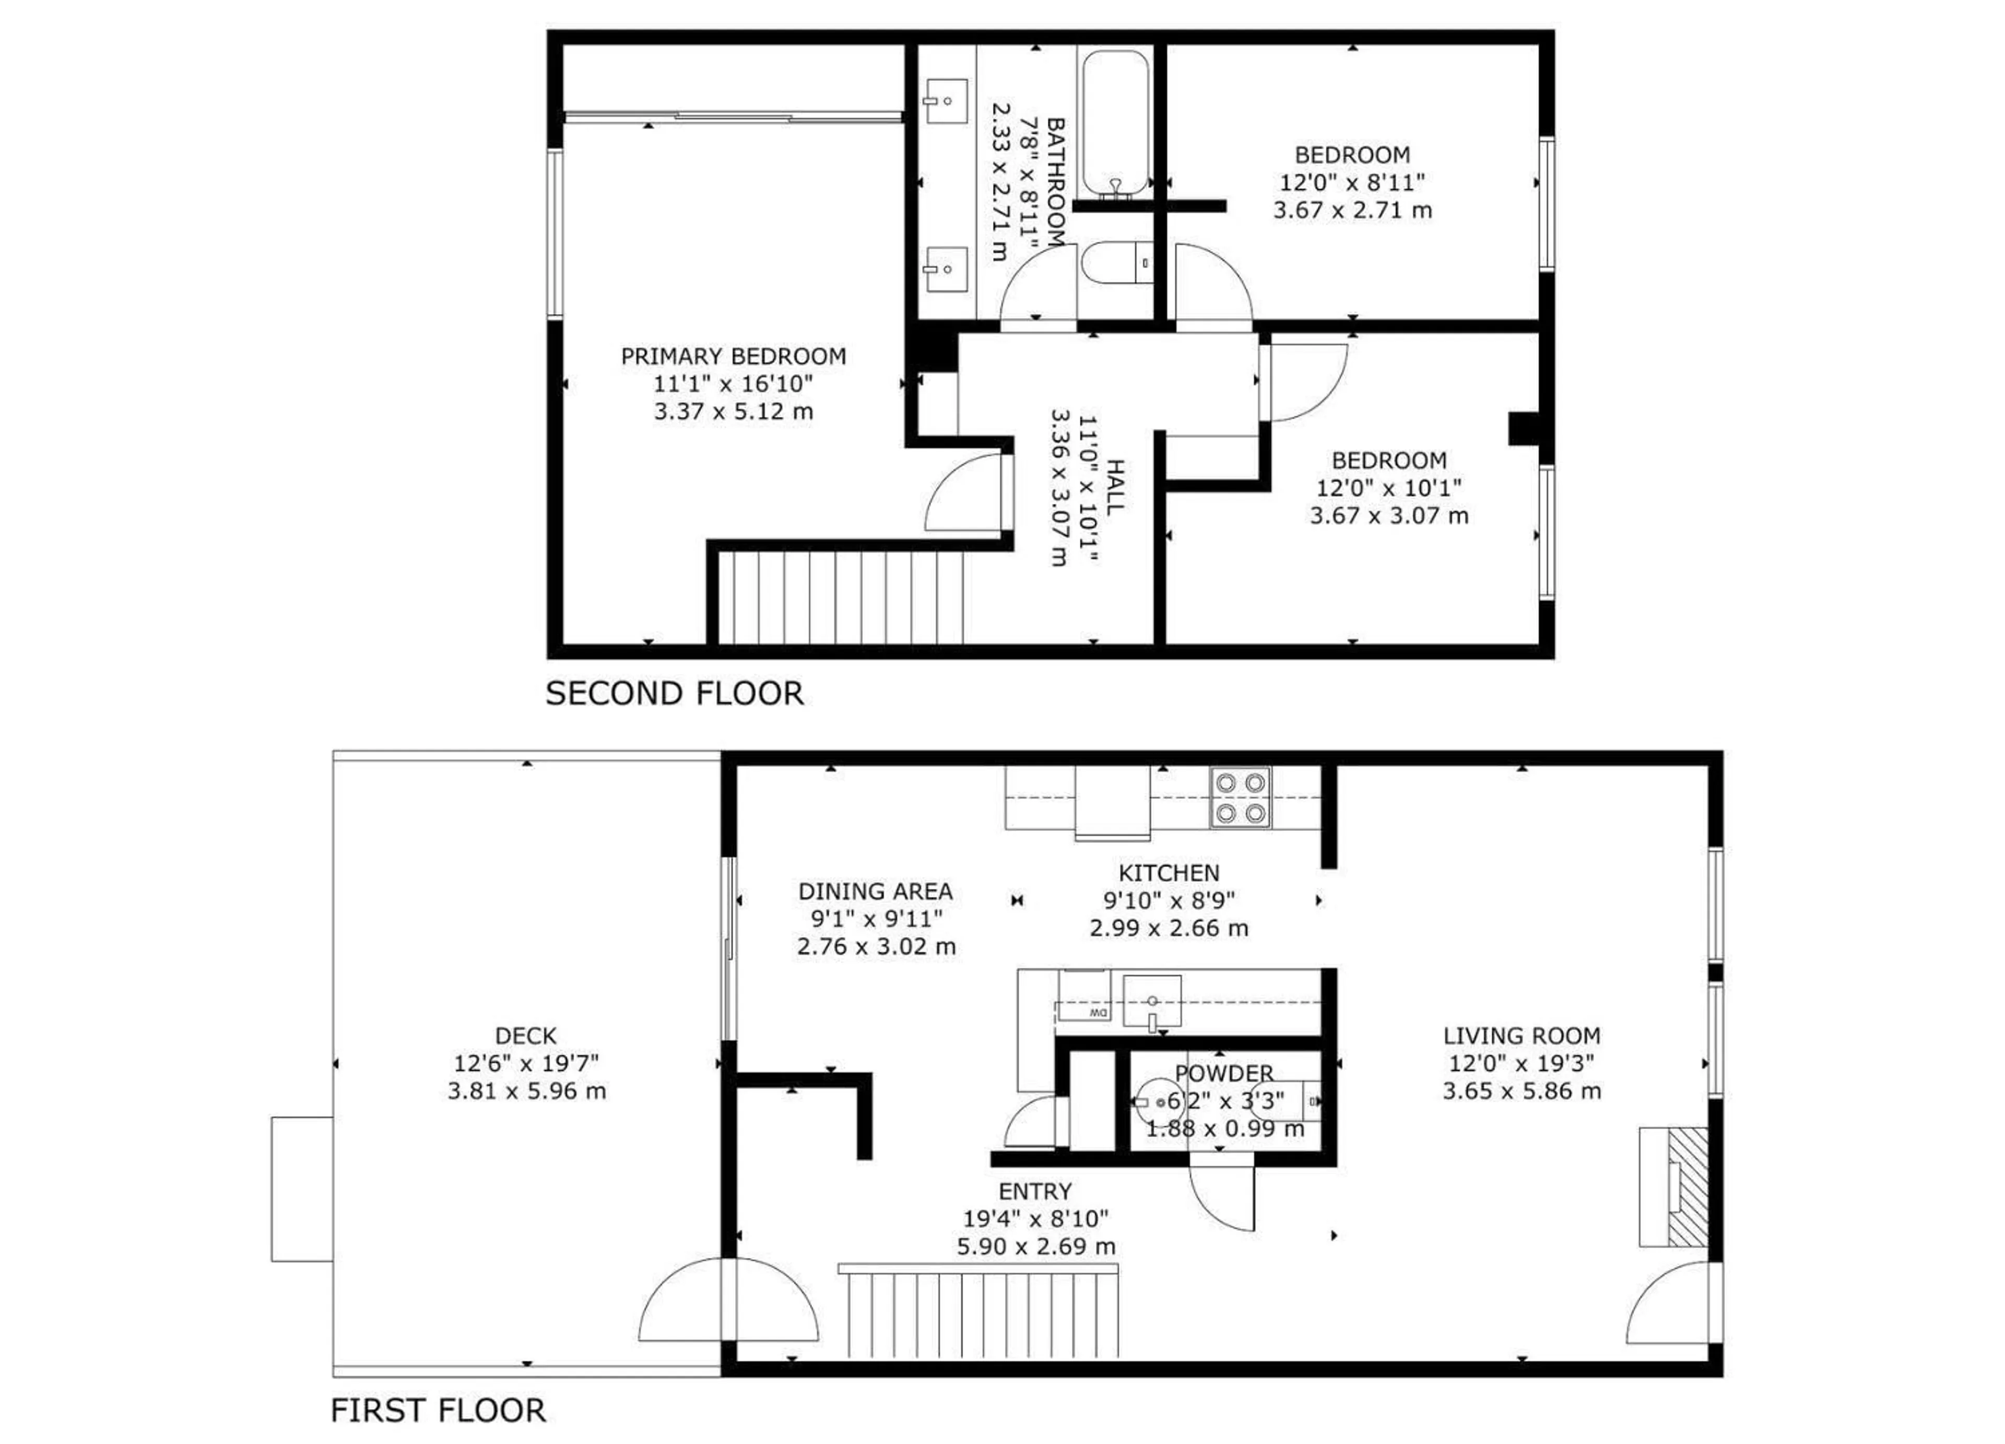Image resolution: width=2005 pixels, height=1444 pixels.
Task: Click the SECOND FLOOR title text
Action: tap(675, 693)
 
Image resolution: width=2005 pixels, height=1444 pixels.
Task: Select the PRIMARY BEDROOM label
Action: tap(733, 356)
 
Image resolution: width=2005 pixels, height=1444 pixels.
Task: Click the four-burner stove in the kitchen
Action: tap(1240, 797)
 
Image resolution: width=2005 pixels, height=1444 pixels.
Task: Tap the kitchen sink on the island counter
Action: tap(1152, 1001)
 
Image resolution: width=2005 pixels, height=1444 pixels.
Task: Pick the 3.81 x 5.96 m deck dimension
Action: tap(527, 1091)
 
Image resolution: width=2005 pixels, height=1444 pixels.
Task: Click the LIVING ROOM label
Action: tap(1522, 1036)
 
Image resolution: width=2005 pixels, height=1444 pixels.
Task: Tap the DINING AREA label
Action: tap(875, 891)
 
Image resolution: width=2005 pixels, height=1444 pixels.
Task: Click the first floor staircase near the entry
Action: tap(981, 1313)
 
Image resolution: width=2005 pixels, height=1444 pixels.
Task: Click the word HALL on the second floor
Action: tap(1116, 487)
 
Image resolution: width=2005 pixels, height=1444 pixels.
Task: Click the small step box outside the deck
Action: tap(301, 1189)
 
